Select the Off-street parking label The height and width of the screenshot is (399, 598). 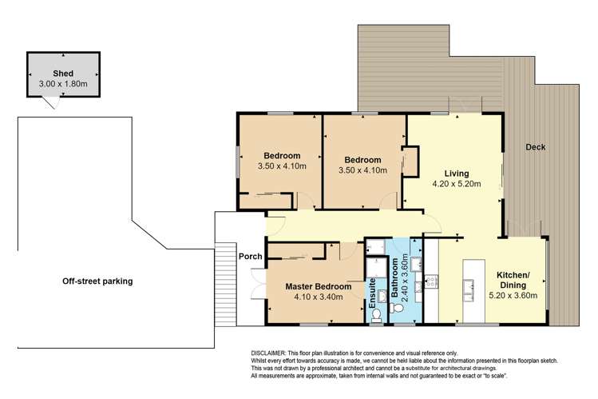(100, 281)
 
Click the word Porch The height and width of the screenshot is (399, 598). (251, 257)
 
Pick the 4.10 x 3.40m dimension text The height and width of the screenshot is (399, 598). (317, 297)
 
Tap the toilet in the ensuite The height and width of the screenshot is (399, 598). (374, 313)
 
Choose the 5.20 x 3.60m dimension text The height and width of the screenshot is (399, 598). (511, 296)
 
